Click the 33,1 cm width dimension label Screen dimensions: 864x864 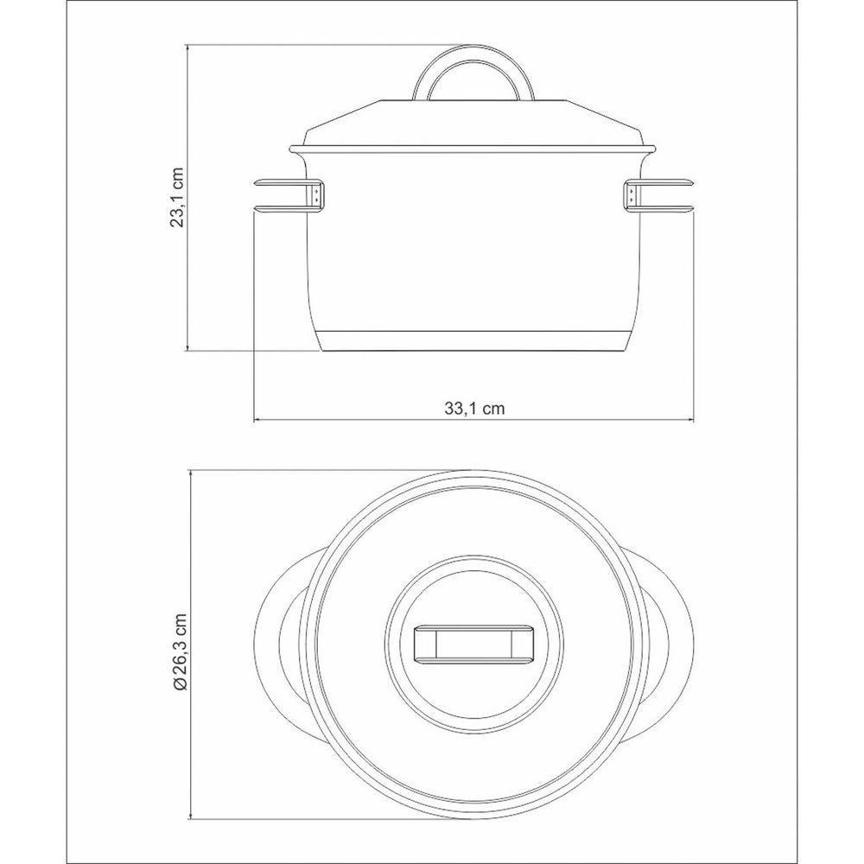[x=473, y=409]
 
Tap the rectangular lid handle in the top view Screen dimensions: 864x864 [x=473, y=644]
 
